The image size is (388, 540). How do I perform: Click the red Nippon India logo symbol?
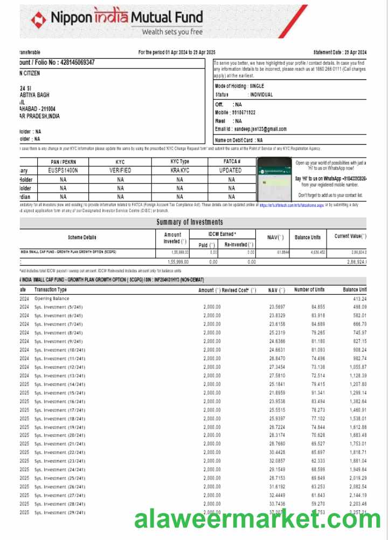39,19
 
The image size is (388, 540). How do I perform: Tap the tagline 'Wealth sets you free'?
172,32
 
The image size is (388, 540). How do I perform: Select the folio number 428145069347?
70,63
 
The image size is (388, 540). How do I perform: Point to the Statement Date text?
339,52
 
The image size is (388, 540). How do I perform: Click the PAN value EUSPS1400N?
63,170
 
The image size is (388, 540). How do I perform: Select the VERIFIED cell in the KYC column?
120,170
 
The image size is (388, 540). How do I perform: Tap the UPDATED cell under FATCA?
231,170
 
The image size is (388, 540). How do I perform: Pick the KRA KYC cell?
179,170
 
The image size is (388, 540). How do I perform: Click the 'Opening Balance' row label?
52,299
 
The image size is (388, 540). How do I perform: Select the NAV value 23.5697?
277,307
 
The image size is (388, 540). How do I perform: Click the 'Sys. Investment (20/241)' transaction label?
59,435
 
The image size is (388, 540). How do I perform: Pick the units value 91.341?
318,393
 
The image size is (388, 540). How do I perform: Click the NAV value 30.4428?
277,452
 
